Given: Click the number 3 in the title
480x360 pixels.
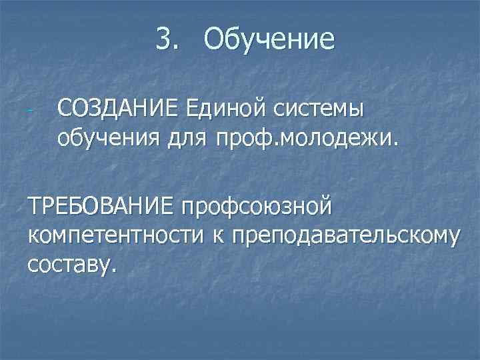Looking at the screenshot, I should [x=164, y=39].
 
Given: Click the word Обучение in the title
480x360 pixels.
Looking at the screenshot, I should [x=270, y=39].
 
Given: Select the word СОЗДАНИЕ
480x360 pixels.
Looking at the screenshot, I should [x=118, y=107].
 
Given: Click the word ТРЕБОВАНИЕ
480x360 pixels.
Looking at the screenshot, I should [x=98, y=205].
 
